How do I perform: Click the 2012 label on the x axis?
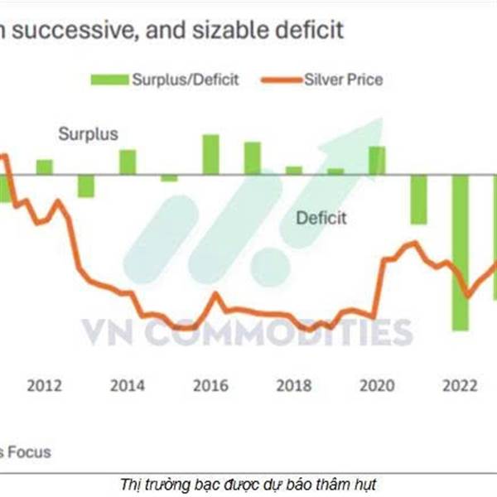pyautogui.click(x=45, y=385)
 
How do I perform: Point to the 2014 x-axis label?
pyautogui.click(x=128, y=385)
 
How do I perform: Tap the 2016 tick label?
pyautogui.click(x=210, y=385)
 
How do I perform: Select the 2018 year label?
pyautogui.click(x=293, y=385)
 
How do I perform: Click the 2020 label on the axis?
pyautogui.click(x=377, y=385)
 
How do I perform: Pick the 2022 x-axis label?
pyautogui.click(x=459, y=385)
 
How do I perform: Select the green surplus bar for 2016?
pyautogui.click(x=211, y=155)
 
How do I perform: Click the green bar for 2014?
pyautogui.click(x=128, y=162)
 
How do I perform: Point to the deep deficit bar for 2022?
pyautogui.click(x=460, y=253)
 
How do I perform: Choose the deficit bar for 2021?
pyautogui.click(x=418, y=200)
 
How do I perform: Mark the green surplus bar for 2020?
pyautogui.click(x=377, y=161)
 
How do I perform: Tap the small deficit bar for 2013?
pyautogui.click(x=86, y=186)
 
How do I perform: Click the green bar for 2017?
pyautogui.click(x=252, y=158)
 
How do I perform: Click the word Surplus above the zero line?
pyautogui.click(x=88, y=133)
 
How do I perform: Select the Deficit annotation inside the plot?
pyautogui.click(x=321, y=219)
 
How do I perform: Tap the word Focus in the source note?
pyautogui.click(x=30, y=452)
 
